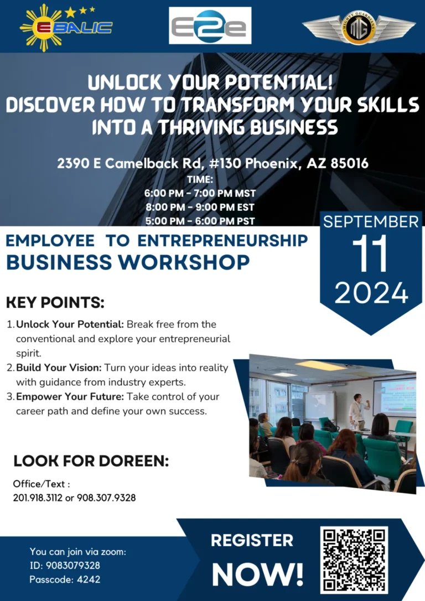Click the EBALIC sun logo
tap(66, 27)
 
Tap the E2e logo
tap(210, 25)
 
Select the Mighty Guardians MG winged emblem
tap(359, 27)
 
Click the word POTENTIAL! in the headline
tap(278, 82)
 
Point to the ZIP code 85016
tap(349, 163)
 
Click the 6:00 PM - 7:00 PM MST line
tap(200, 193)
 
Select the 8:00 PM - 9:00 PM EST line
tap(200, 207)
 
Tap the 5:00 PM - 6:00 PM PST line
tap(200, 221)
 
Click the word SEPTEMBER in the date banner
tap(371, 222)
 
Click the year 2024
tap(371, 293)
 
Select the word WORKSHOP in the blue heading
tap(184, 262)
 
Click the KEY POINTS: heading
tap(55, 302)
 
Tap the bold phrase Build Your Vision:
tap(59, 367)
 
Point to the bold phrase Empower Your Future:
tap(70, 396)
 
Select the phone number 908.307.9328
tap(106, 498)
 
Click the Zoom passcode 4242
tap(89, 579)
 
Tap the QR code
tap(354, 560)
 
